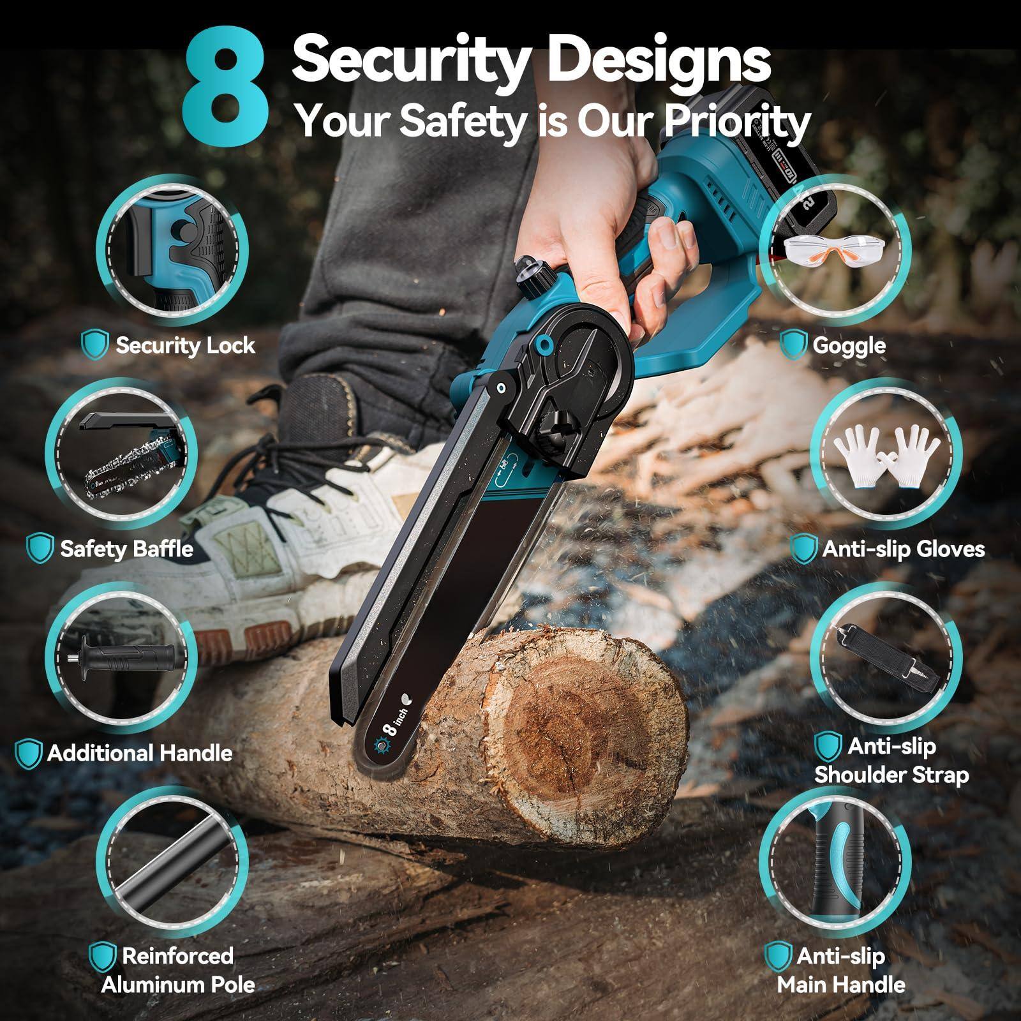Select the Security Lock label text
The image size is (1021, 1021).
click(185, 345)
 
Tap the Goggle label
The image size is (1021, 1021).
click(849, 345)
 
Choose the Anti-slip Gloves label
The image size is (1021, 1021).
click(903, 549)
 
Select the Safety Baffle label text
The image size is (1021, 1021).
click(126, 549)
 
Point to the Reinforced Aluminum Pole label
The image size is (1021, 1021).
click(177, 970)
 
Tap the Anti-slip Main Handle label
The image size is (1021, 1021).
click(840, 970)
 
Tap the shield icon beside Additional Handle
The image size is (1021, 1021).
click(28, 754)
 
